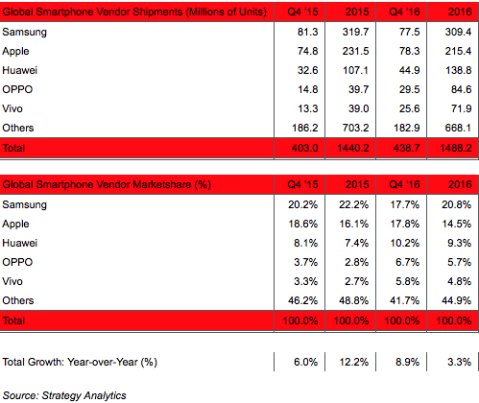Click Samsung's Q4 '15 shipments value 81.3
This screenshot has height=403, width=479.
coord(307,32)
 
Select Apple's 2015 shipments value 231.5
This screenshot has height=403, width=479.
coord(355,51)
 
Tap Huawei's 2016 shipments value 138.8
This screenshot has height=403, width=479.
coord(458,70)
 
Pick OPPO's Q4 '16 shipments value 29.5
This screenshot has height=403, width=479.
coord(409,89)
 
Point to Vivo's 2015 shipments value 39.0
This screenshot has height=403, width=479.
coord(358,108)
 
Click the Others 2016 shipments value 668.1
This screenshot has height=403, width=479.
coord(458,128)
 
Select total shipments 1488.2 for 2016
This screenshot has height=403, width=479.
coord(456,148)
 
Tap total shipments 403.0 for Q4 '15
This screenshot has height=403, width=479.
coord(305,148)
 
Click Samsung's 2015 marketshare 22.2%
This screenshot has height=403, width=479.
coord(354,204)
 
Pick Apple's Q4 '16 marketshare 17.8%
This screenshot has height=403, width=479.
coord(404,224)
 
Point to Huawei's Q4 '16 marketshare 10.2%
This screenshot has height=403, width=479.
coord(404,243)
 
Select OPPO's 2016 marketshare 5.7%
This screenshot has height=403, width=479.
coord(459,262)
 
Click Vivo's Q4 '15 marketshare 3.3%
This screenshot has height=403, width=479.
coord(305,281)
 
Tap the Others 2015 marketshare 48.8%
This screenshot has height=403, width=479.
coord(353,300)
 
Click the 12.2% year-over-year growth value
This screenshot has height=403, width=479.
coord(354,362)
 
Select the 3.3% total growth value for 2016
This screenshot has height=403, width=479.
coord(459,362)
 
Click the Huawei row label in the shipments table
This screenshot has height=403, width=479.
coord(20,70)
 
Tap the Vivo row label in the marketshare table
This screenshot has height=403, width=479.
coord(12,281)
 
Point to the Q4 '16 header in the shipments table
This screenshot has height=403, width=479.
coord(404,12)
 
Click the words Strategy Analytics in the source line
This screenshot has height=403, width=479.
coord(84,395)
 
